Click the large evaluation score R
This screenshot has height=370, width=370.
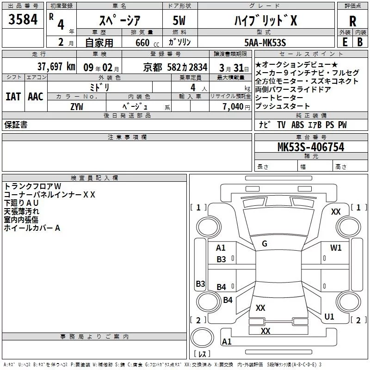[352, 21]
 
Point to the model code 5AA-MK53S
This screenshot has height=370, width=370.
[265, 43]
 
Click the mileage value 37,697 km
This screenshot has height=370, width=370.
[56, 67]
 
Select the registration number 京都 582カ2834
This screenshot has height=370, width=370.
[175, 67]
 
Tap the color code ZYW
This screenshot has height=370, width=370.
[77, 106]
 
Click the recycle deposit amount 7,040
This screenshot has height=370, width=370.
[235, 106]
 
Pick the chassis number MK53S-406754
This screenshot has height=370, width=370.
[311, 147]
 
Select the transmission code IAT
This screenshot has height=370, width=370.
[12, 96]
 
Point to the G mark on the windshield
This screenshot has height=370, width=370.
[265, 244]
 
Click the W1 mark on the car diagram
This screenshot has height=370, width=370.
[336, 248]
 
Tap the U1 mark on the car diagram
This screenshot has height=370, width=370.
[329, 317]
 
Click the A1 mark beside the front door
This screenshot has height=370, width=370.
[221, 248]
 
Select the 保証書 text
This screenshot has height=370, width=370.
[16, 125]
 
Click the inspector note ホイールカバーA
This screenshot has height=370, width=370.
[32, 228]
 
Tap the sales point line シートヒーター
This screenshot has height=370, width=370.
[279, 98]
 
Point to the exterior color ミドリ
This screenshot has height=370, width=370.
[100, 87]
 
